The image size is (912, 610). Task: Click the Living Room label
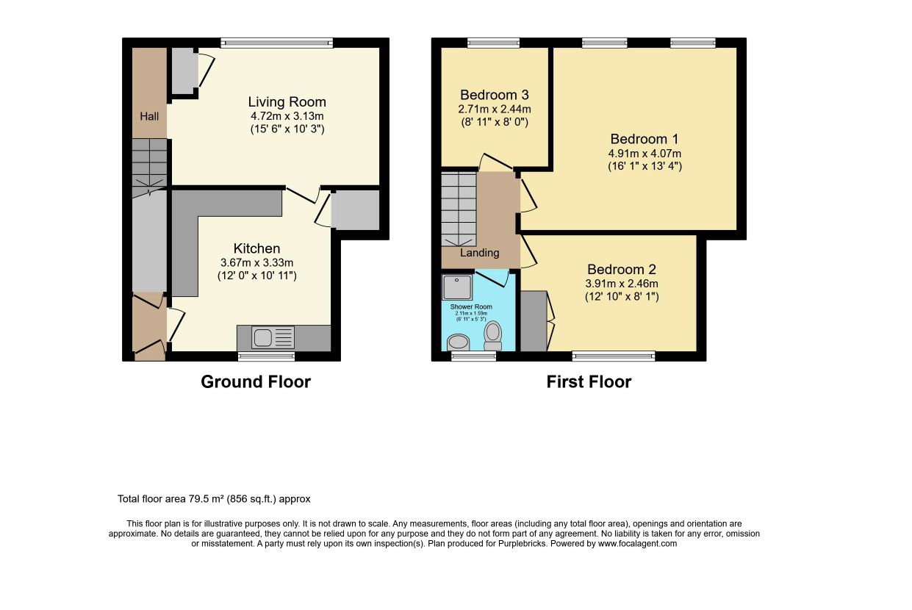(287, 102)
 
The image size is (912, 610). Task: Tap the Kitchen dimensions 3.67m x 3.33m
(257, 262)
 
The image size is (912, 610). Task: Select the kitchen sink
(273, 337)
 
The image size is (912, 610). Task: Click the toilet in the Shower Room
(492, 336)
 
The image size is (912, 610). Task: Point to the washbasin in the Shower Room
(459, 342)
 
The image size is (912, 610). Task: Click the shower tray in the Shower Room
(457, 287)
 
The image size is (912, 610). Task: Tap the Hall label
(149, 116)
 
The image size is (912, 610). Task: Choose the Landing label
(480, 253)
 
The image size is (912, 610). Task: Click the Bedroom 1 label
(644, 139)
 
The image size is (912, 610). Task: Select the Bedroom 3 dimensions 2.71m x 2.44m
(495, 109)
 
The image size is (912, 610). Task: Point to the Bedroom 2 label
(622, 269)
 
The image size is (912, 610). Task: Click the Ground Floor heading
(256, 382)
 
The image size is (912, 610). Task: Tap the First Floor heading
(589, 382)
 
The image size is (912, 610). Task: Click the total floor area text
(214, 499)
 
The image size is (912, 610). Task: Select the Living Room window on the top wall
(277, 43)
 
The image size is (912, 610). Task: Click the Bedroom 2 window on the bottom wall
(614, 356)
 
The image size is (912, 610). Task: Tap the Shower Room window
(473, 356)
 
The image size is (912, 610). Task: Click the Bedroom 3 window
(493, 43)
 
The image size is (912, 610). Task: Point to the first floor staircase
(459, 209)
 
